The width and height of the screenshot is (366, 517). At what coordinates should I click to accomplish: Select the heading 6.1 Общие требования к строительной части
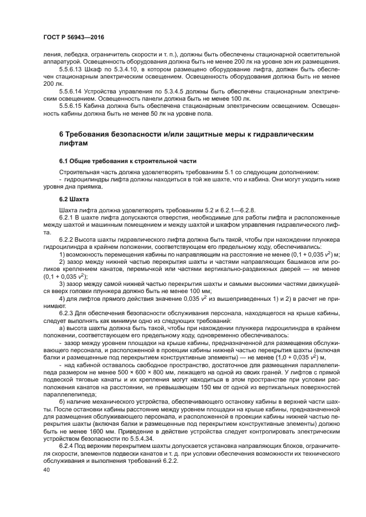point(127,160)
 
